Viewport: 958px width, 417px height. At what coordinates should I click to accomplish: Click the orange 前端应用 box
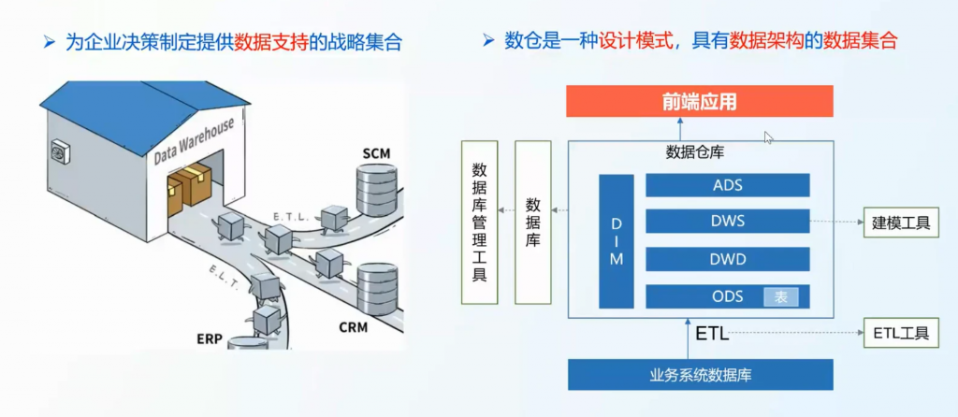tap(701, 101)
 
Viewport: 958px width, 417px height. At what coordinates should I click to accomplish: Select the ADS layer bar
tap(727, 184)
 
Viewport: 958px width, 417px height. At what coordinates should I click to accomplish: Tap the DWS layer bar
tap(727, 222)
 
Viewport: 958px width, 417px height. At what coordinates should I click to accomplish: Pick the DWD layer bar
tap(727, 259)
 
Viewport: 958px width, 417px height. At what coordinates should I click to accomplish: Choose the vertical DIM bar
tap(616, 241)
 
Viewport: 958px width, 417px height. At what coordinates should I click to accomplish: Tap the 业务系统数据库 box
tap(701, 375)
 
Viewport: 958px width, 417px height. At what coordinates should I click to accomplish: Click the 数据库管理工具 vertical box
tap(480, 222)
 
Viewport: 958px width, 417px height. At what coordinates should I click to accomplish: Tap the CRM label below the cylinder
tap(353, 327)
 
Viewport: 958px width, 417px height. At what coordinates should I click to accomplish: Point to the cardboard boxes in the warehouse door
tap(190, 184)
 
